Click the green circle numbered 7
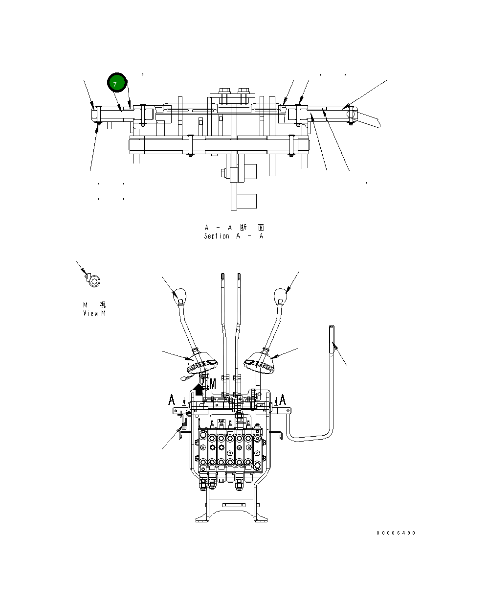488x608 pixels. click(x=117, y=84)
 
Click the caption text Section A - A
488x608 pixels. click(x=234, y=236)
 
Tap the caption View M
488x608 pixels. click(x=94, y=313)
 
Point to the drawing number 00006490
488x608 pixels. click(x=396, y=533)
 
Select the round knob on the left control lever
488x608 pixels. click(x=179, y=295)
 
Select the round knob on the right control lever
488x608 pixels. click(x=280, y=295)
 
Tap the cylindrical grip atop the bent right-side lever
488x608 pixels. click(x=332, y=338)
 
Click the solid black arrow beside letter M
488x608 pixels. click(x=199, y=390)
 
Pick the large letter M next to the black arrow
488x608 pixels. click(x=212, y=384)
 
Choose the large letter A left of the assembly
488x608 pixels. click(x=172, y=400)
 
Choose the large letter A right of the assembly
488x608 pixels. click(x=283, y=400)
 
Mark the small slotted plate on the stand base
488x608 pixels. click(x=232, y=505)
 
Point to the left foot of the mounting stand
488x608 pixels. click(x=202, y=518)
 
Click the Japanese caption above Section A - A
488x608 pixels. click(x=235, y=228)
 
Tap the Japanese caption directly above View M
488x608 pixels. click(x=94, y=305)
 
